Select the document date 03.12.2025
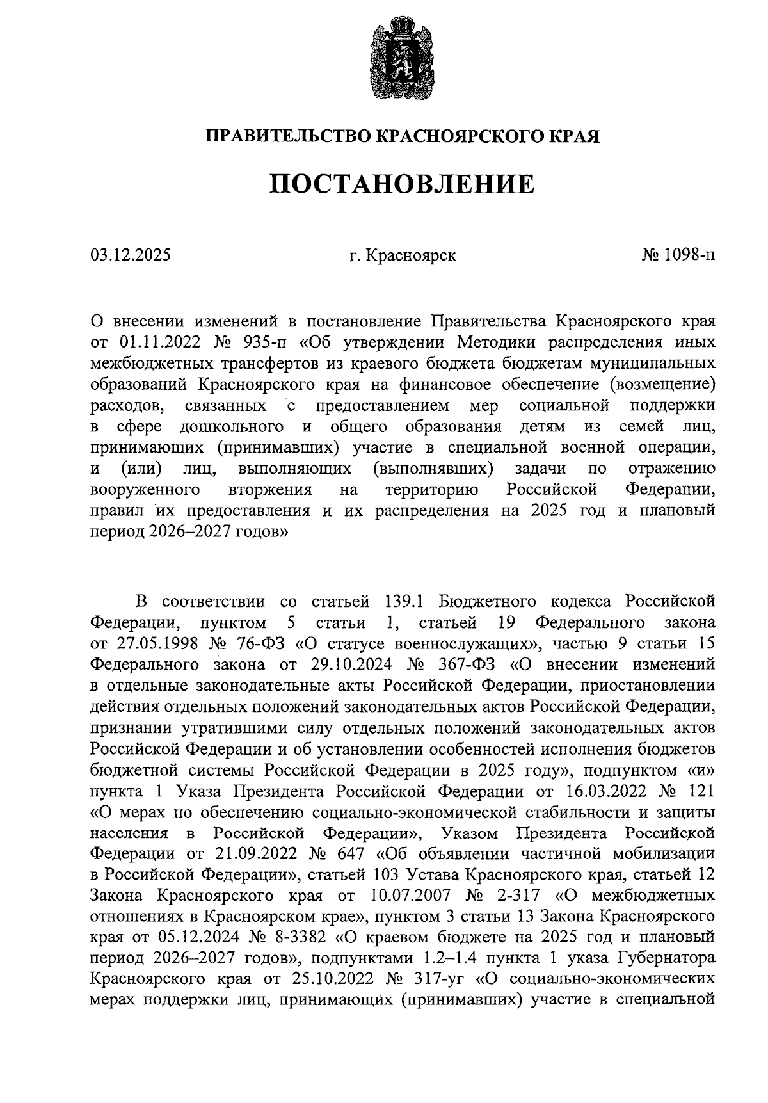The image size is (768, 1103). pos(131,255)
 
